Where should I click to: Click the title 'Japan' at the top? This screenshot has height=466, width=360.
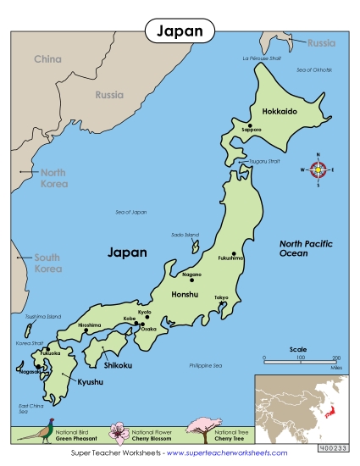tap(180, 31)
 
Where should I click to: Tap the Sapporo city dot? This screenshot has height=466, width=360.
tap(250, 125)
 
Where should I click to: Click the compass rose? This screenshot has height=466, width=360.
tap(318, 169)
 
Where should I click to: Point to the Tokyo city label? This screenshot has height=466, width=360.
tap(221, 297)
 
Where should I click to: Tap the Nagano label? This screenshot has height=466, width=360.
tap(192, 275)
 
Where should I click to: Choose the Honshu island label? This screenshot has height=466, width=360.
tap(184, 294)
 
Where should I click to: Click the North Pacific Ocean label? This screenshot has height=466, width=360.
tap(307, 248)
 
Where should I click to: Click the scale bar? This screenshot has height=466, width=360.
tap(300, 358)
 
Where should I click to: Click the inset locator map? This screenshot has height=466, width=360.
tap(302, 409)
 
